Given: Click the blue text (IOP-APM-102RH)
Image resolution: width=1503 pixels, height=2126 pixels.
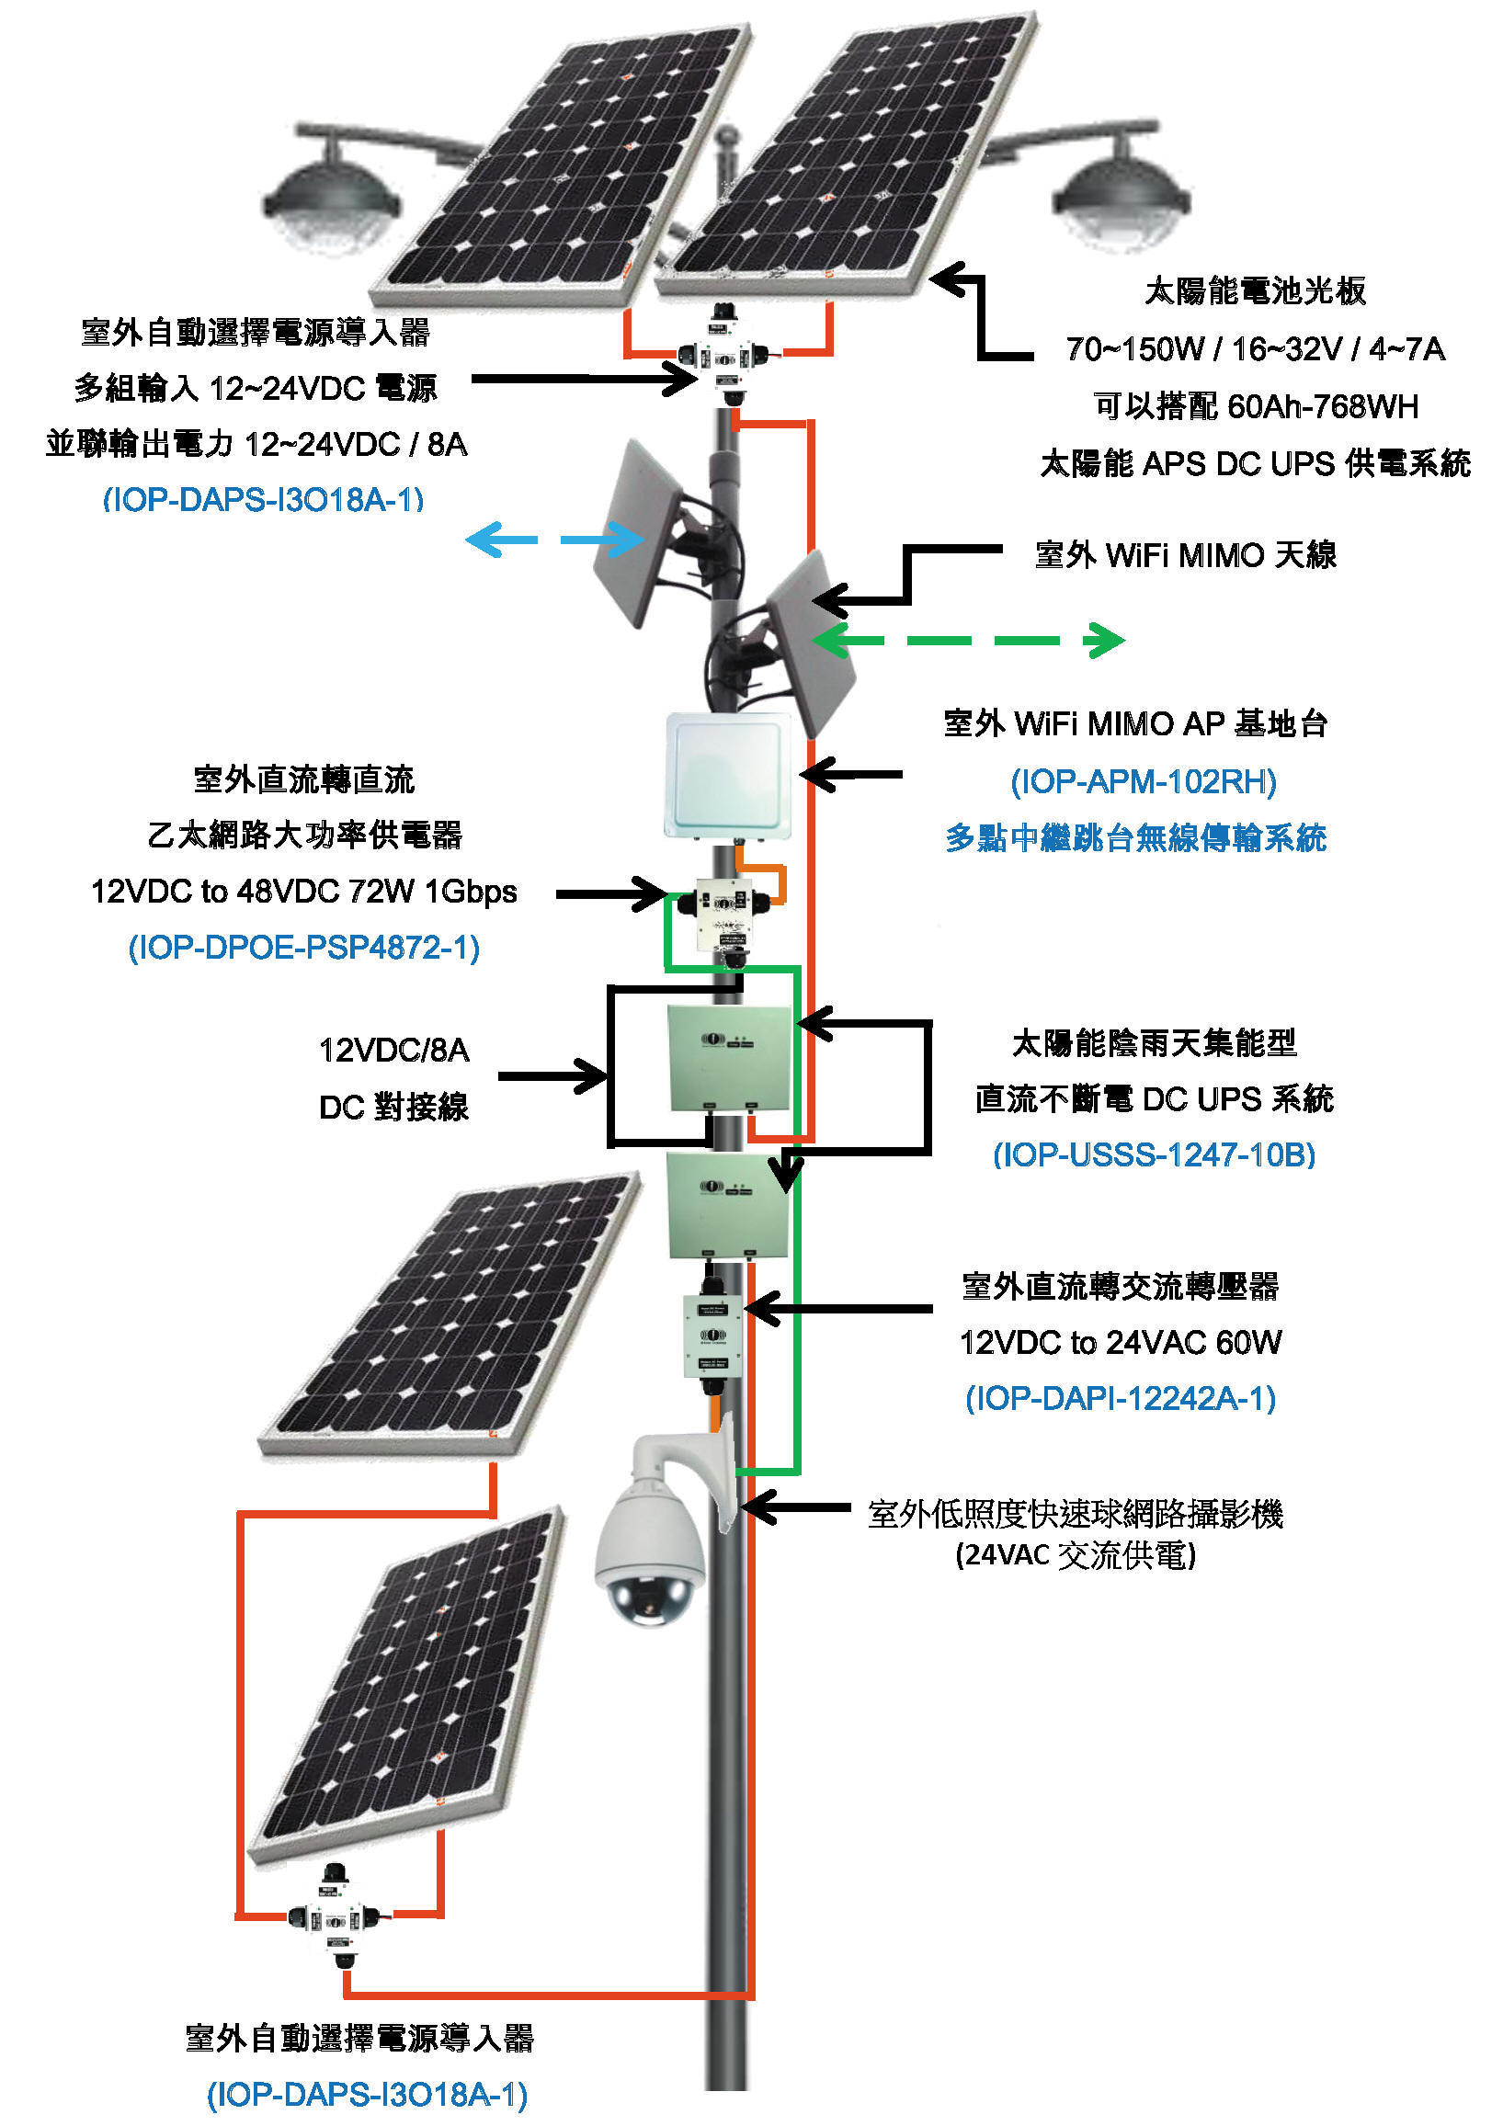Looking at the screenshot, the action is tap(1143, 782).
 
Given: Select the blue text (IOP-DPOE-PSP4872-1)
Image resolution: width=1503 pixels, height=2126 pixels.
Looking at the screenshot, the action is tap(303, 948).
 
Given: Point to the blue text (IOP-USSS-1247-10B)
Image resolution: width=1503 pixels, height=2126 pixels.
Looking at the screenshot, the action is tap(1154, 1154).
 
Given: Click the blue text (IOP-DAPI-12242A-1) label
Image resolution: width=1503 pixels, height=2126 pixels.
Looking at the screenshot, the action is tap(1121, 1397).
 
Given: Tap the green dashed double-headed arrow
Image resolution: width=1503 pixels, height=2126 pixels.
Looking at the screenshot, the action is tap(969, 640).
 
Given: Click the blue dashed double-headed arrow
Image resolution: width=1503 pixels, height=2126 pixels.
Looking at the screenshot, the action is tap(555, 539).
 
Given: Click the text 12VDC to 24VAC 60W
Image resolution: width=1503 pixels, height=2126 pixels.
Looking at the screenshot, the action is tap(1121, 1342).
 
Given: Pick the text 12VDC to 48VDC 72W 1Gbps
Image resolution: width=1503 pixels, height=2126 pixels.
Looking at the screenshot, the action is tap(303, 891).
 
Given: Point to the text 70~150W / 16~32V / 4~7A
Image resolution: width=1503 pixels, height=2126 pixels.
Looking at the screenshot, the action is tap(1255, 349).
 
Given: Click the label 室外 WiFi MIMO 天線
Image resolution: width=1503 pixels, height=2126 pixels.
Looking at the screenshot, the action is tap(1185, 555).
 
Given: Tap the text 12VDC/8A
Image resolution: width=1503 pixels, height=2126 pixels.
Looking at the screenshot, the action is tap(393, 1050).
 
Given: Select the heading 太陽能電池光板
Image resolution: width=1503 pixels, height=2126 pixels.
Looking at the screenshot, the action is tap(1255, 290).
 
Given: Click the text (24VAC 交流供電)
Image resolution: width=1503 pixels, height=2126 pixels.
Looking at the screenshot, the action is tap(1076, 1554).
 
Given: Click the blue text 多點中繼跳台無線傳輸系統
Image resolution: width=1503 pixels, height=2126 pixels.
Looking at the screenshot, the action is tap(1135, 838).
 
